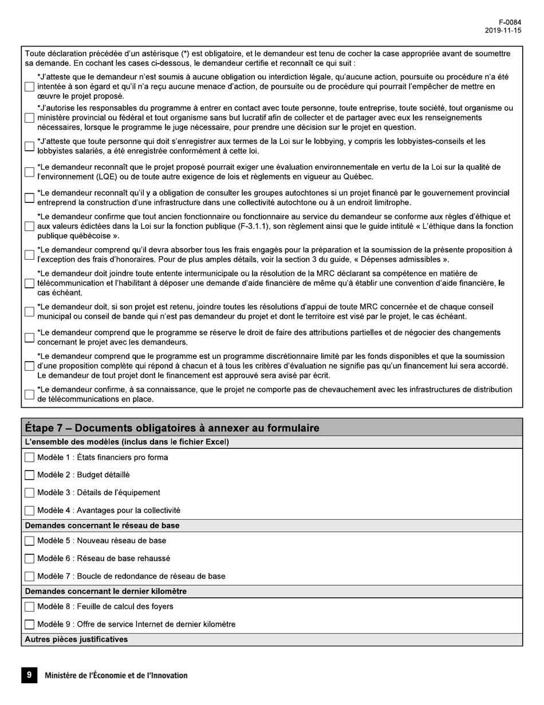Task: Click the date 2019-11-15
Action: point(503,31)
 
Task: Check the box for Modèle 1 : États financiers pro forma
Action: point(29,457)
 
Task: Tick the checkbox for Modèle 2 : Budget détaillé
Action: point(29,475)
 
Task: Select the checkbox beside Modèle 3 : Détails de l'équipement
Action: point(29,493)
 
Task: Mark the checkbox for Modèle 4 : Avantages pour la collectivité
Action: point(29,511)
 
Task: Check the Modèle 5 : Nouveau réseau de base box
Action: point(29,541)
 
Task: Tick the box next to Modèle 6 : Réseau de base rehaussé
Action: point(29,559)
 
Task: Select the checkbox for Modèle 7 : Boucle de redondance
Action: point(29,577)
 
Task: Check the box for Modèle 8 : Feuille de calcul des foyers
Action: point(29,607)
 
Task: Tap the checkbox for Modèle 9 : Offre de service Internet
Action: point(29,625)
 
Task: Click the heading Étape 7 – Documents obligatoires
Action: point(172,428)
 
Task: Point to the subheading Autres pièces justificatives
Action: point(77,639)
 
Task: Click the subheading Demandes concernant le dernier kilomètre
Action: point(106,591)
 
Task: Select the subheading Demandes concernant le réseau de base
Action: point(102,525)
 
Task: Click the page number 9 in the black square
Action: point(29,675)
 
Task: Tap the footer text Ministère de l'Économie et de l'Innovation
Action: point(116,676)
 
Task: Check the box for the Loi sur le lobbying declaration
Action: point(29,146)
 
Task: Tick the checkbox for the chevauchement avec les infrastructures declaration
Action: point(29,394)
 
